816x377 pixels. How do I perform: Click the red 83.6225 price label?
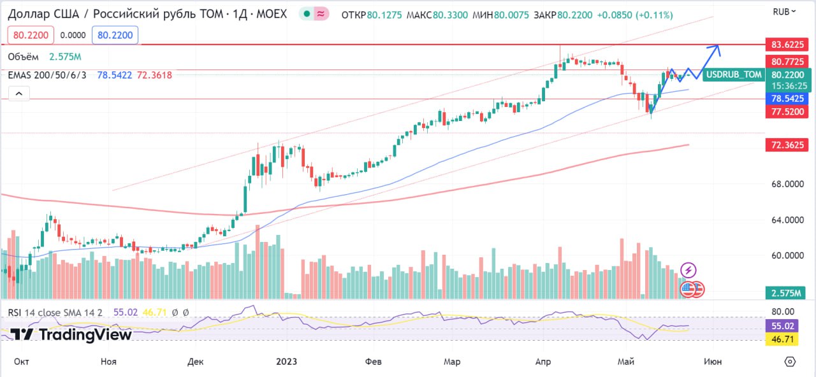[787, 45]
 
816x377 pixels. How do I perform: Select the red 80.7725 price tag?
[787, 61]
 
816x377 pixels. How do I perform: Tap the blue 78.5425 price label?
[787, 98]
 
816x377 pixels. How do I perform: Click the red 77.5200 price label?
[787, 111]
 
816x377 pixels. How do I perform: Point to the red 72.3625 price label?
[787, 145]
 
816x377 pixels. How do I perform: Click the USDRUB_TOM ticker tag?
[734, 75]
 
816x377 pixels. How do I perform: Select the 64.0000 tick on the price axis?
[787, 220]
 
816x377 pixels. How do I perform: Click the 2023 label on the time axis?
[286, 361]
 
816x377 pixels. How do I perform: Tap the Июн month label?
[713, 361]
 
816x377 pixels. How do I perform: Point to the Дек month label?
[195, 361]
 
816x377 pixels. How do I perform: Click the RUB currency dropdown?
[784, 12]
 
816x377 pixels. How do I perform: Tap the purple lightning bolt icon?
[688, 271]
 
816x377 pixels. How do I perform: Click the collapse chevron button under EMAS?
[19, 94]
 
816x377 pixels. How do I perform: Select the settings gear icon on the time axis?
[790, 361]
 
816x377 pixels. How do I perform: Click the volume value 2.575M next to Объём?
[65, 57]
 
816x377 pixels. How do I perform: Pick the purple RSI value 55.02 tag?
[782, 325]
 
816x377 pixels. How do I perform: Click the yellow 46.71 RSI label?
[782, 339]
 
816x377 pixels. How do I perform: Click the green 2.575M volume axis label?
[785, 293]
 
